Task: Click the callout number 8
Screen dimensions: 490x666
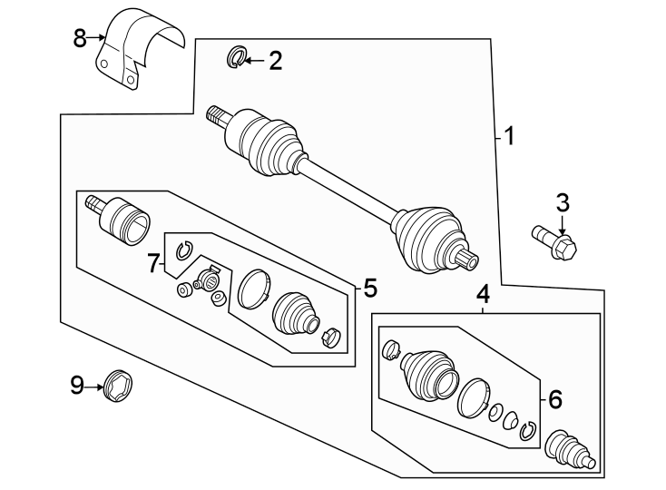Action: coord(80,38)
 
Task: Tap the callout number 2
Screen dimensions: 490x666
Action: coord(275,62)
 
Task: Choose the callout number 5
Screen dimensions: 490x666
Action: coord(555,399)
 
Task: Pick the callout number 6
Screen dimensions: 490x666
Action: coord(153,264)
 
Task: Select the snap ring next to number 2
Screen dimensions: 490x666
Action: coord(234,60)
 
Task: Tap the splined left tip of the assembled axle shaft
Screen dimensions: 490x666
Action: coord(216,114)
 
